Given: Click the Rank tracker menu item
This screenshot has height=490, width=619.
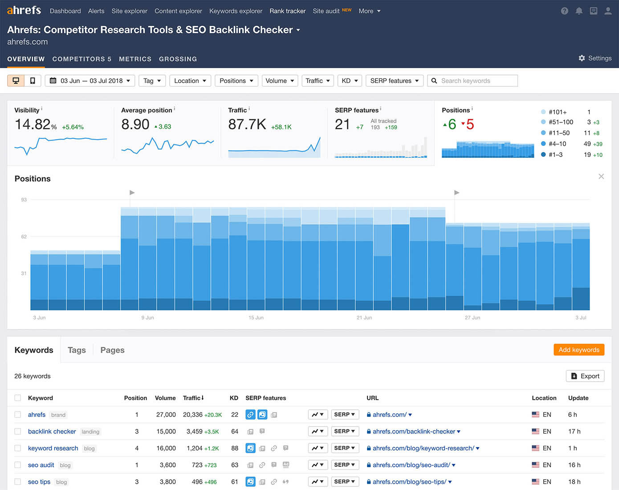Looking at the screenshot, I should click(x=287, y=11).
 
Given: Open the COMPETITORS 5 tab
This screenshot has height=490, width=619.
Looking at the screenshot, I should click(x=81, y=59).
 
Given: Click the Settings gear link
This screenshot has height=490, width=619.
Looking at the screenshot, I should click(x=595, y=58).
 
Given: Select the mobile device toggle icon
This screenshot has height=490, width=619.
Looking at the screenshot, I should click(x=33, y=81).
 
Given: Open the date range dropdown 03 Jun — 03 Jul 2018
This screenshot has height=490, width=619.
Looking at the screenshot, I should click(x=90, y=81).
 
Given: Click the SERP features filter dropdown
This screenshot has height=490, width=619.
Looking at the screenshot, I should click(x=394, y=81).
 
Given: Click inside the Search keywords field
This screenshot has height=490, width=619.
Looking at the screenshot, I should click(x=476, y=81).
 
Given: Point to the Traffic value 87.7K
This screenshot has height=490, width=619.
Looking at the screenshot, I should click(x=247, y=124).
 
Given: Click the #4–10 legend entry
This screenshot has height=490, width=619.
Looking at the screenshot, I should click(x=557, y=144).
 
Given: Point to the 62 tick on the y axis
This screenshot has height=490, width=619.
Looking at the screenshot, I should click(x=24, y=237).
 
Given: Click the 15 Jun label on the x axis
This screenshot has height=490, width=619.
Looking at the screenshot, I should click(x=256, y=318).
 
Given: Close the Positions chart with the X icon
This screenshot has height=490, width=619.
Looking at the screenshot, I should click(x=601, y=177).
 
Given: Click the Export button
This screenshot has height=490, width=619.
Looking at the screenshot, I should click(x=585, y=376).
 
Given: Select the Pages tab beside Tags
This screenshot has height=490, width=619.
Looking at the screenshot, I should click(x=112, y=350).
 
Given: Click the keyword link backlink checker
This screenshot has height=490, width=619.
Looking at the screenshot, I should click(x=52, y=432).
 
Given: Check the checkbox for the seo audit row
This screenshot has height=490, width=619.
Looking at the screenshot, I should click(x=18, y=465).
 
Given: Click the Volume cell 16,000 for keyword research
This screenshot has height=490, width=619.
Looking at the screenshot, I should click(x=166, y=448).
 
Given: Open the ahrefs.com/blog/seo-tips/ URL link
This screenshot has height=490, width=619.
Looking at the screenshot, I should click(x=409, y=482).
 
